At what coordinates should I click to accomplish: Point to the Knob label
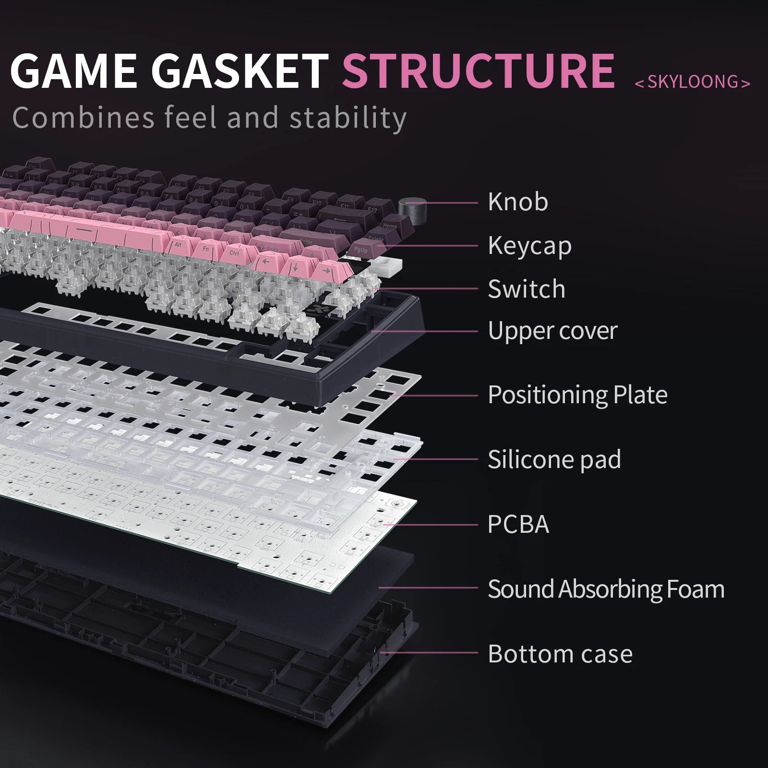[517, 202]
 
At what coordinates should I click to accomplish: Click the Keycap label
[529, 246]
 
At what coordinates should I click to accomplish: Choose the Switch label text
[526, 288]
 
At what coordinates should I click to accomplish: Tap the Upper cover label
[552, 331]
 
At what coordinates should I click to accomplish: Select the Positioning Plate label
[577, 395]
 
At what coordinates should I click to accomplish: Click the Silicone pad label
[554, 459]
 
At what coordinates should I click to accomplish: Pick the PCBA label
[517, 524]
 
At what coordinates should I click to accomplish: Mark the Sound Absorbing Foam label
[606, 588]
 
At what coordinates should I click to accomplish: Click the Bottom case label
[560, 654]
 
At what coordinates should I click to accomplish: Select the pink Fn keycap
[205, 249]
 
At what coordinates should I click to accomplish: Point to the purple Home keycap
[390, 226]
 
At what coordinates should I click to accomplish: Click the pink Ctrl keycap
[234, 253]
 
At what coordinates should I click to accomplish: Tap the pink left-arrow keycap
[265, 262]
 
